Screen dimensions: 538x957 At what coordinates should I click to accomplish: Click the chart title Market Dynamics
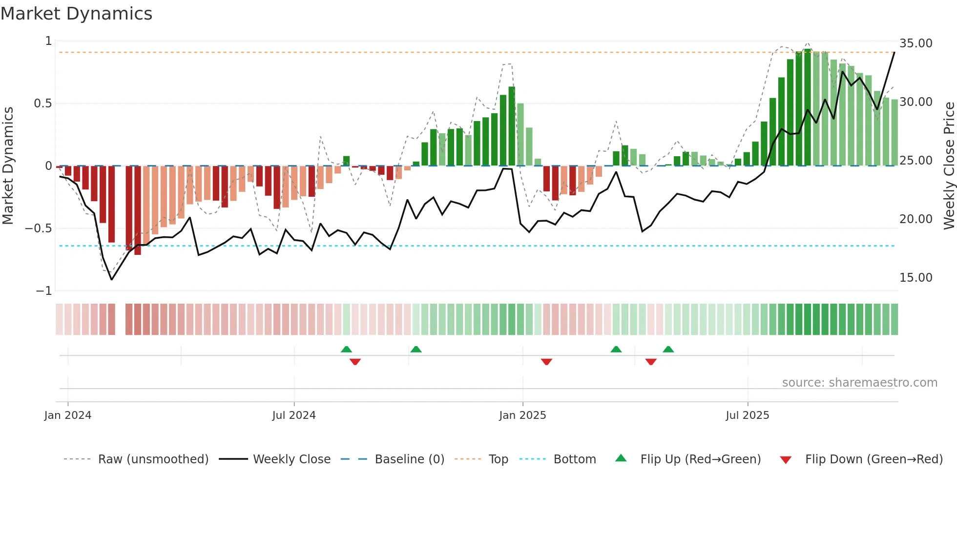(77, 14)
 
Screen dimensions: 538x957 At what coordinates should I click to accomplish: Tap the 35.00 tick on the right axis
(915, 43)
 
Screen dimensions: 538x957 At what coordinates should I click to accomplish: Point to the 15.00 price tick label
(915, 278)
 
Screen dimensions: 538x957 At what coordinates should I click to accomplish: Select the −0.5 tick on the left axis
(39, 228)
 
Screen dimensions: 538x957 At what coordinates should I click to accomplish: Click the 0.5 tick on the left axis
(42, 103)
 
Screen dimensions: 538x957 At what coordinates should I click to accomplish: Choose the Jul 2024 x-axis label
(294, 415)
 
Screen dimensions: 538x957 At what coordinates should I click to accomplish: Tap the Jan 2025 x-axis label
(522, 415)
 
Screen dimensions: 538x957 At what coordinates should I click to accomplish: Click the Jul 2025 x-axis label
(747, 415)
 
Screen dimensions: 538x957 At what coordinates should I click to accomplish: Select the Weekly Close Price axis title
(949, 166)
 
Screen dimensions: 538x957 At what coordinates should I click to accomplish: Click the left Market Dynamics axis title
(8, 166)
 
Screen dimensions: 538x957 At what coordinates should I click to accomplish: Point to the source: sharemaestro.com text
(859, 383)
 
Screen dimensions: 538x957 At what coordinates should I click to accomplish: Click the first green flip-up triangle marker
(346, 350)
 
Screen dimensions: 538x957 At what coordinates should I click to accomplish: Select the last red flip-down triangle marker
(651, 362)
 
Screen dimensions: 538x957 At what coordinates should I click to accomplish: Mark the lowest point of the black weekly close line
(112, 279)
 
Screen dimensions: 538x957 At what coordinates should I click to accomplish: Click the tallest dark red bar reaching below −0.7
(138, 210)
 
